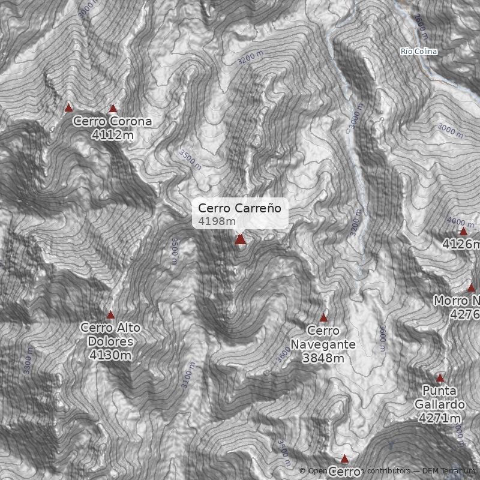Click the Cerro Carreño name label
coord(239,208)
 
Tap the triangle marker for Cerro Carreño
coord(241,239)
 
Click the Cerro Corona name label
coord(113,122)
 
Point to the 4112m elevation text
coord(113,135)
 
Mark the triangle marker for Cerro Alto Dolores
coord(110,314)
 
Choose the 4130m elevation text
coord(110,355)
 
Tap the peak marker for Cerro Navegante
coord(324,317)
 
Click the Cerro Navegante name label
coord(323,338)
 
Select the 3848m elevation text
coord(323,358)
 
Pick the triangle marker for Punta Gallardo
coord(440,378)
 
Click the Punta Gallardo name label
coord(440,398)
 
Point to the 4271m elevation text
coord(440,418)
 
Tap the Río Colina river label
coord(419,52)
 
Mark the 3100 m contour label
coord(189,375)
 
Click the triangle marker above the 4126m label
coord(463,231)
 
